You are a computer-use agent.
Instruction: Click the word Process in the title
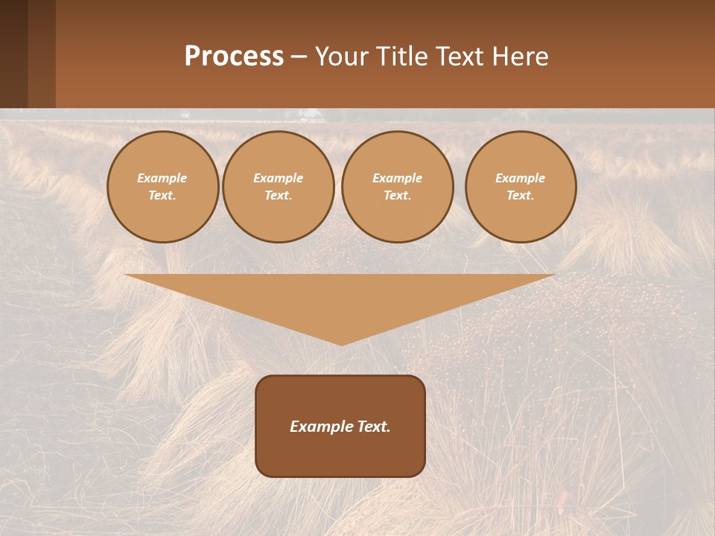[234, 57]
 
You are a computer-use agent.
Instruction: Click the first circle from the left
[162, 187]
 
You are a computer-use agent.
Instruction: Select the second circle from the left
[279, 187]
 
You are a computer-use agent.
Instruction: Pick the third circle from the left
[398, 187]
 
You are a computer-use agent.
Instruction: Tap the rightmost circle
[521, 187]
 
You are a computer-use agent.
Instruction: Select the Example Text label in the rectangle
[340, 427]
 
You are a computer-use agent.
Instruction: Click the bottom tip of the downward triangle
[341, 343]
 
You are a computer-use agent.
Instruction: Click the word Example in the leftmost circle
[162, 178]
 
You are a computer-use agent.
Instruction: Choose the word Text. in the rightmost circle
[521, 196]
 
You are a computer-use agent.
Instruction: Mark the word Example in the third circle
[398, 178]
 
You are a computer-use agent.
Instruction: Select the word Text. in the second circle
[279, 196]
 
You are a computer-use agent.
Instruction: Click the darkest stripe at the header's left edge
[13, 54]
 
